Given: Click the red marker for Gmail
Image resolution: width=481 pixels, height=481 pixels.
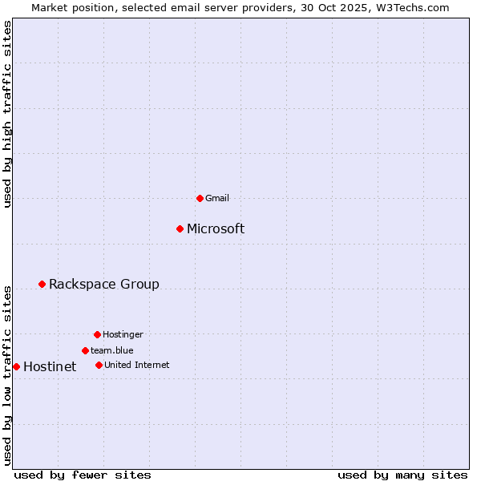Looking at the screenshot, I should (200, 198).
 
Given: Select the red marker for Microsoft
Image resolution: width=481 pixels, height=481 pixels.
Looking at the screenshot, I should (180, 228).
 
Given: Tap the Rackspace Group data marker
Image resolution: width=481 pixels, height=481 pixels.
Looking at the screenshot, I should (42, 284).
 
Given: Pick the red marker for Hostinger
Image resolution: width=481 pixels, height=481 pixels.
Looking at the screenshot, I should (97, 334).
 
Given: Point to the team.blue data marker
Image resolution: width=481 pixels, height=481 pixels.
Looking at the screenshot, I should (85, 350).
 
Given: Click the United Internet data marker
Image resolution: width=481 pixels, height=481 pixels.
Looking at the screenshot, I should (99, 365).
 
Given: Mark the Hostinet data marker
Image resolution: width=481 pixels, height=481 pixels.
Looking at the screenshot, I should (16, 366).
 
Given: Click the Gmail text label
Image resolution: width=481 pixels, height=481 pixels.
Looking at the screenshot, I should (217, 198).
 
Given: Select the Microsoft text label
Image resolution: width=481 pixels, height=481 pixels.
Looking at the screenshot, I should (216, 228).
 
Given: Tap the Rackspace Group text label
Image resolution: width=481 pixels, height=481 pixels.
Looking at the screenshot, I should (104, 284).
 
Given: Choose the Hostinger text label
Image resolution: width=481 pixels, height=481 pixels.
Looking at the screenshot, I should (123, 334).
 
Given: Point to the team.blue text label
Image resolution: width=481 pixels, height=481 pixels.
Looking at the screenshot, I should (111, 350).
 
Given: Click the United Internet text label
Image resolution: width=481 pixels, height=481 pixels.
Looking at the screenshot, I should (136, 365).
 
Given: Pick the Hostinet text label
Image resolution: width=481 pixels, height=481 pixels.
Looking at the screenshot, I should (50, 366).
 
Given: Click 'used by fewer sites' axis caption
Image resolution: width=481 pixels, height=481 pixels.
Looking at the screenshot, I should (83, 475).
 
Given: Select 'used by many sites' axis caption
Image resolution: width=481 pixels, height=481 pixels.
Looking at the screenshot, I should (402, 475).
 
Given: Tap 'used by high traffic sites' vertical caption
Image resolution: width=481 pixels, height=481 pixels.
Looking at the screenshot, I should (8, 114).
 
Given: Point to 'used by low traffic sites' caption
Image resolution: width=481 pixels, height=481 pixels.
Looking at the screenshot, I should (8, 374).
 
